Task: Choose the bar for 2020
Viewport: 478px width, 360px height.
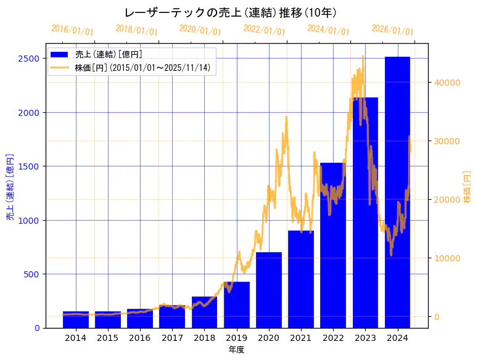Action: click(269, 290)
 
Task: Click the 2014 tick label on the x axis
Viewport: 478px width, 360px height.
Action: click(76, 338)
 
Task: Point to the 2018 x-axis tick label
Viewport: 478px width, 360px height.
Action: click(204, 338)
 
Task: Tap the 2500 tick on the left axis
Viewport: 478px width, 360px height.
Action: click(31, 59)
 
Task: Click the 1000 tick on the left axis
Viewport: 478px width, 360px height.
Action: click(31, 220)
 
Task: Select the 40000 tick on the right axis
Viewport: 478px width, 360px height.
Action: click(447, 83)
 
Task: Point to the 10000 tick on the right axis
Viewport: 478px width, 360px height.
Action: click(447, 258)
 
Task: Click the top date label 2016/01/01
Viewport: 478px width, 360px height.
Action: click(72, 30)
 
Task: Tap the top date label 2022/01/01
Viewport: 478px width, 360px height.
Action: click(264, 30)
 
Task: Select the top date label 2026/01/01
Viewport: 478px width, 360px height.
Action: click(392, 30)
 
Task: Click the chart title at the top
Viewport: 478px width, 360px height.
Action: click(230, 12)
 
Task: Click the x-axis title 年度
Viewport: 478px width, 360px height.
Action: click(236, 350)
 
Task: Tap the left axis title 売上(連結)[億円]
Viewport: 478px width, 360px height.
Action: click(10, 187)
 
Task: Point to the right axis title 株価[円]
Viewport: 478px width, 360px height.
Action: click(467, 187)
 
